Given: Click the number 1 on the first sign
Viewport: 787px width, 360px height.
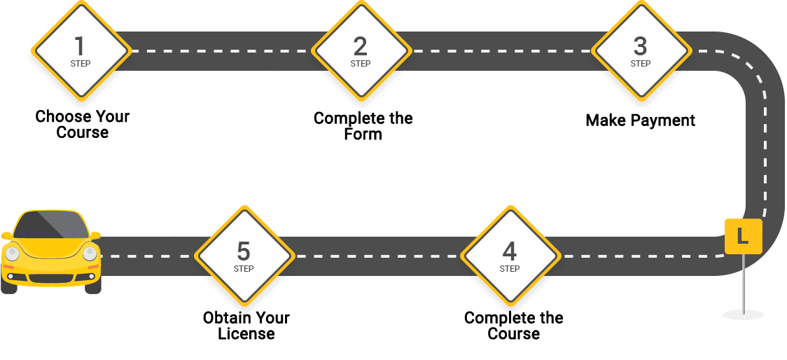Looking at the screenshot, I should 80,46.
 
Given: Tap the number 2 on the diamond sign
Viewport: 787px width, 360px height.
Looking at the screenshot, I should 360,46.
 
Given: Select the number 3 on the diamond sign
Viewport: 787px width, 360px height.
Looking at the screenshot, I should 640,46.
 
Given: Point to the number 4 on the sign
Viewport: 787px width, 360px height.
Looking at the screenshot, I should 509,251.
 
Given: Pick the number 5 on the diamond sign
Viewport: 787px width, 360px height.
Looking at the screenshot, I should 243,251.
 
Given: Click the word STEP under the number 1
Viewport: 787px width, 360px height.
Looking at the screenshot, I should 81,64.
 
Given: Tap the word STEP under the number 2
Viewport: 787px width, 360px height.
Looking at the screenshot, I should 361,64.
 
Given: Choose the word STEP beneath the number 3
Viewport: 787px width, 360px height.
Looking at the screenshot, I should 641,64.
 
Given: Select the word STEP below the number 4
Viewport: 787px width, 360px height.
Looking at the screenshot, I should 510,269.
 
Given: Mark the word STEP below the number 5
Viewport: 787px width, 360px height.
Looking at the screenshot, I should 244,269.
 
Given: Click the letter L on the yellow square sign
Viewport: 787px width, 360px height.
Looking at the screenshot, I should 743,236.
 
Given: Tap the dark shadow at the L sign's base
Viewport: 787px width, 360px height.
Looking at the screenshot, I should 744,315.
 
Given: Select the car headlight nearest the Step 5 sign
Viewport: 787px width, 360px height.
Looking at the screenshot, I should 90,254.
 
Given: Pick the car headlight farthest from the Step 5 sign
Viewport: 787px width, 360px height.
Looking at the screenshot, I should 11,254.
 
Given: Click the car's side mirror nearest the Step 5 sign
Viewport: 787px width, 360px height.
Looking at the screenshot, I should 95,235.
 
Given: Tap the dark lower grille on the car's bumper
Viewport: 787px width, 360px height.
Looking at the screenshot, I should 50,279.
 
